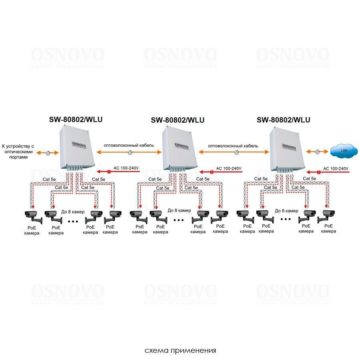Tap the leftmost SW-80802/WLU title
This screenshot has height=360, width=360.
click(x=73, y=119)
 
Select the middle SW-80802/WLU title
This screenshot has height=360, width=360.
click(x=178, y=120)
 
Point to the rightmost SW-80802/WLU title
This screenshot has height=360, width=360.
click(x=283, y=119)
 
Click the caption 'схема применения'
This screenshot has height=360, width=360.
click(x=180, y=350)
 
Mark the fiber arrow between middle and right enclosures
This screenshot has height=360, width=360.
click(x=236, y=152)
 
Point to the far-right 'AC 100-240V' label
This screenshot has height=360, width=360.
click(x=336, y=168)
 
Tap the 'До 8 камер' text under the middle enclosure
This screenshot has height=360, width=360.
click(x=179, y=210)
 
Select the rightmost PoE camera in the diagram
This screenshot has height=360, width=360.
click(x=327, y=216)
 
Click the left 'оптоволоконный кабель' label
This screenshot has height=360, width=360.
click(x=128, y=146)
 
